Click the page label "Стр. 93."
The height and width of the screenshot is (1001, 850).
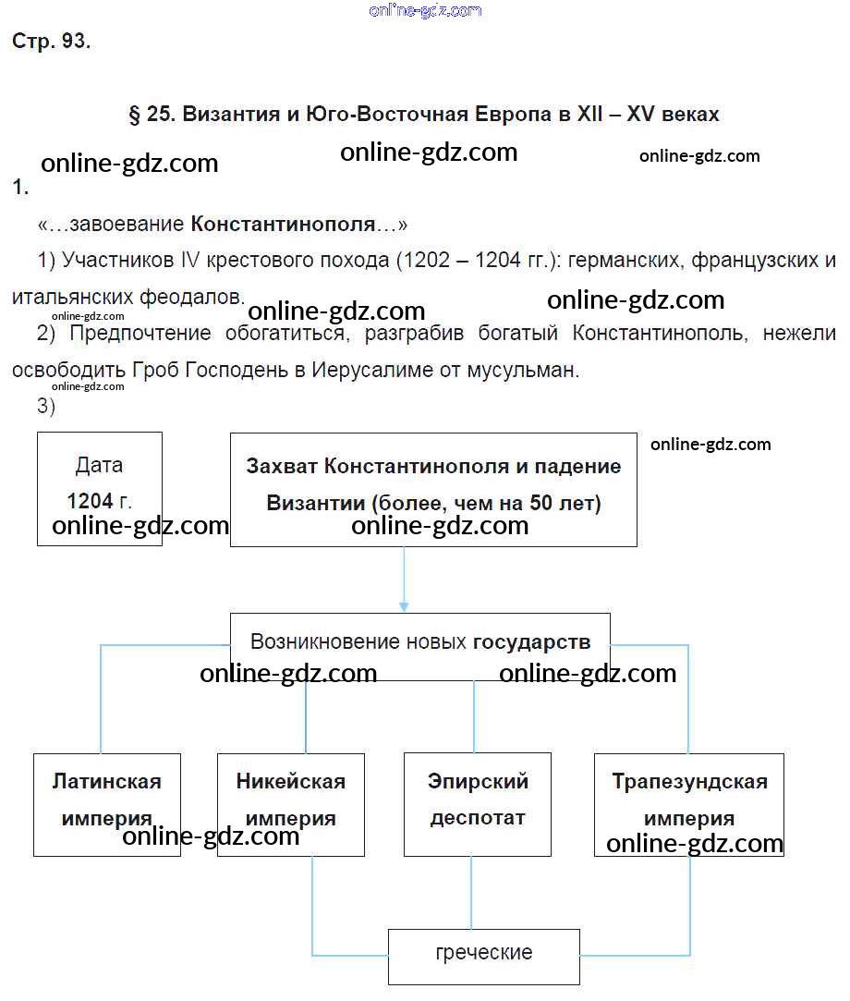(51, 42)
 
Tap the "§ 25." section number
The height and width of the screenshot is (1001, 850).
(151, 115)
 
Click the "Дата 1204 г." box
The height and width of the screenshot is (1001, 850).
(100, 488)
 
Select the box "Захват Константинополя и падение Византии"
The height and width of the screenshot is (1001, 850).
(433, 488)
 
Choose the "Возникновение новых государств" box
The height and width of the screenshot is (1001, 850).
(420, 646)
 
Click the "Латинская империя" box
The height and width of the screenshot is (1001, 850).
(106, 803)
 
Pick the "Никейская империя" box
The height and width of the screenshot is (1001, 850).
(291, 803)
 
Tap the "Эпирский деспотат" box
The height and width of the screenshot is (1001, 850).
(478, 803)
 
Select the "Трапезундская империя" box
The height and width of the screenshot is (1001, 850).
(689, 803)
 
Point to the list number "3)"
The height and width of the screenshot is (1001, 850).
(47, 406)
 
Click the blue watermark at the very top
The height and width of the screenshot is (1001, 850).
(425, 10)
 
